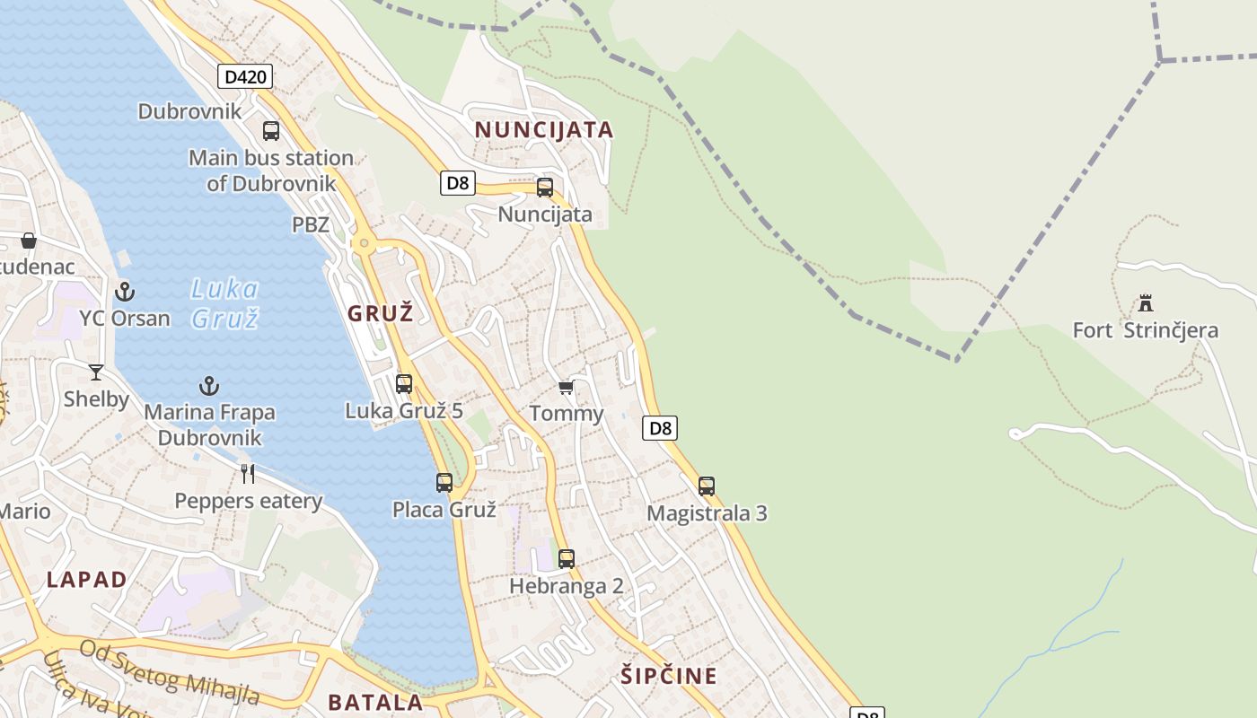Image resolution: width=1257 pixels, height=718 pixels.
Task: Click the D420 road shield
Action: click(244, 76)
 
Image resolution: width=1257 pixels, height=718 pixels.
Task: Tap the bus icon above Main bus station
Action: click(271, 131)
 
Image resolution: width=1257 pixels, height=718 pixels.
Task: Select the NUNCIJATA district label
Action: click(544, 130)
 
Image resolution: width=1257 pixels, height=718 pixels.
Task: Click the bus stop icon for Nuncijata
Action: click(545, 188)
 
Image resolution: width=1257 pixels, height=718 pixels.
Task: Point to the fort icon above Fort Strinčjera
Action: click(1145, 302)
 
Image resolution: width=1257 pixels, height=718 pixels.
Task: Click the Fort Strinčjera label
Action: click(1146, 330)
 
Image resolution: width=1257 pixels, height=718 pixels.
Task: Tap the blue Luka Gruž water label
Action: click(224, 303)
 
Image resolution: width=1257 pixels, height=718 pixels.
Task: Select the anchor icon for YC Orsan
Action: click(125, 292)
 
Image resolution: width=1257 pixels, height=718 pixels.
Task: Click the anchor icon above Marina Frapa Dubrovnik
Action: click(209, 386)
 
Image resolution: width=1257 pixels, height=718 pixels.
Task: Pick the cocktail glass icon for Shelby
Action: click(96, 372)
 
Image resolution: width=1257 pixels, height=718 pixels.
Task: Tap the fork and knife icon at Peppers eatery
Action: click(248, 473)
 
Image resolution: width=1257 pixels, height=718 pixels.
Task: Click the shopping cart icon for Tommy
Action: click(566, 388)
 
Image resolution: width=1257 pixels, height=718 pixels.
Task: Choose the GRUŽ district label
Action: click(381, 313)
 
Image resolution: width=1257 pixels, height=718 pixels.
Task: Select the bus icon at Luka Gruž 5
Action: click(404, 384)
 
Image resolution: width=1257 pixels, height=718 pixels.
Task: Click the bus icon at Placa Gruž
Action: click(444, 483)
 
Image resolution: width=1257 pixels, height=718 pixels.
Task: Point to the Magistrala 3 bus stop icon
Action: click(707, 486)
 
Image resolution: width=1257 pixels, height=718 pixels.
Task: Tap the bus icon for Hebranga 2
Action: click(567, 559)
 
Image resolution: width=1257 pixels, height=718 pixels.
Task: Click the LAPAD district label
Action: click(87, 580)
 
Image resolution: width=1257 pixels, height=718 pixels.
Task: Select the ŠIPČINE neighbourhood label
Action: click(669, 676)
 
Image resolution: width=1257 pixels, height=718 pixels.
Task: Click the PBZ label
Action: click(311, 224)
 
